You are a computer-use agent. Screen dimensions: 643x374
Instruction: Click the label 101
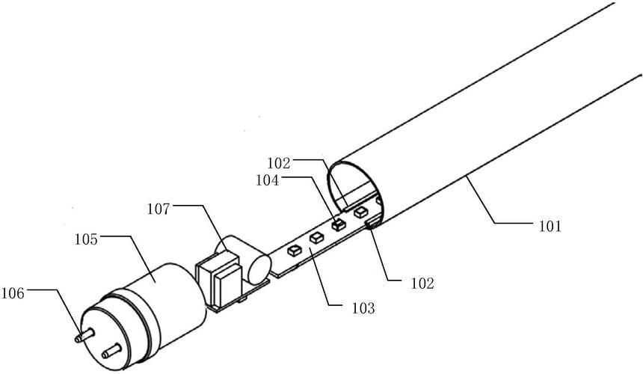549,226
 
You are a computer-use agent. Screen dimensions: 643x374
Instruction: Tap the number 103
363,308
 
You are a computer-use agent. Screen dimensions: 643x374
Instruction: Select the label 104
268,180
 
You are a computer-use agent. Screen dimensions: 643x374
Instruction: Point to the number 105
86,239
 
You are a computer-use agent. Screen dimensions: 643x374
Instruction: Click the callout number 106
13,293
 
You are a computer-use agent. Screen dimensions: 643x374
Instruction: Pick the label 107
159,209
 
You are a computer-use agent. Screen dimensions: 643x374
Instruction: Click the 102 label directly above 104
279,163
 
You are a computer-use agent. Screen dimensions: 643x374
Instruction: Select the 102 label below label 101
422,283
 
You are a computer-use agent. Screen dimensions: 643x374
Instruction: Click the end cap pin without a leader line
111,351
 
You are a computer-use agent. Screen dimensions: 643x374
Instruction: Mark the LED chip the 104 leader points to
339,224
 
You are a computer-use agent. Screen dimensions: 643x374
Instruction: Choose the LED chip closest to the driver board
295,251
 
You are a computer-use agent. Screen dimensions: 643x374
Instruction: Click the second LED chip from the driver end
316,238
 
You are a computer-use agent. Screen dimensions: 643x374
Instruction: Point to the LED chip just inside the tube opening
360,212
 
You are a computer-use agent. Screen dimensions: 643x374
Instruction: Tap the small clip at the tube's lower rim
372,224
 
